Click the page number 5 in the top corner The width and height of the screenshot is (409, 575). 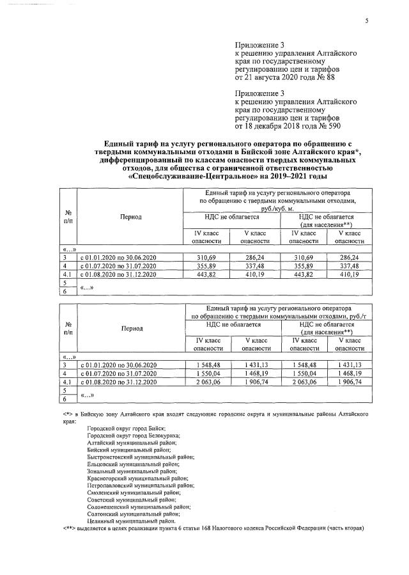point(367,20)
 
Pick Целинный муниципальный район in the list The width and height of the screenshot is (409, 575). point(132,521)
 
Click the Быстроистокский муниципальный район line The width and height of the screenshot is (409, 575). point(141,459)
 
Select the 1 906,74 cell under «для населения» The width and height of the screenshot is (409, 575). point(349,382)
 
